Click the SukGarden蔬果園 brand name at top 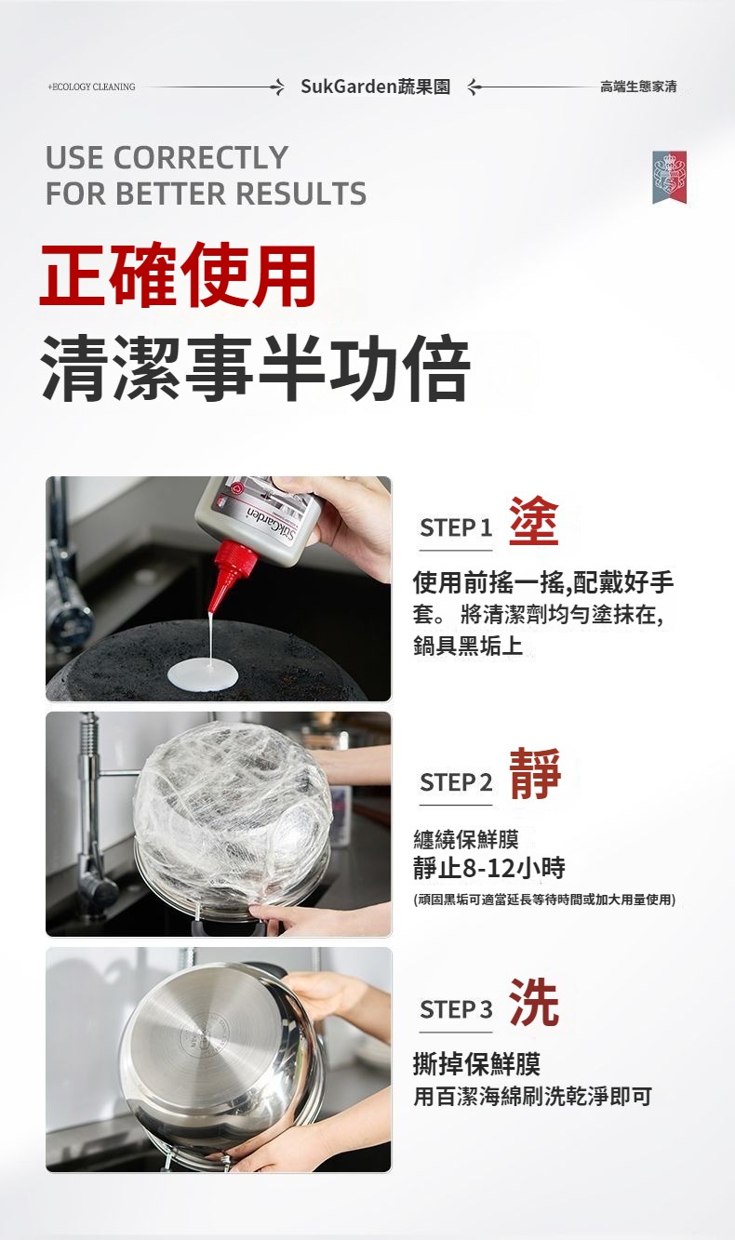(375, 87)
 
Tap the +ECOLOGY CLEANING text (91, 87)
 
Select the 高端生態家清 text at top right (638, 87)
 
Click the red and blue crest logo (669, 177)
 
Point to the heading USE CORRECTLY (167, 157)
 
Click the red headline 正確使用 (179, 275)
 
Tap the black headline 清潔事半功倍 (256, 367)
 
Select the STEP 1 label (456, 528)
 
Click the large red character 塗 (533, 521)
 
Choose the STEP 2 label (456, 782)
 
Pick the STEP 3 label (456, 1009)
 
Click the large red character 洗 (534, 1003)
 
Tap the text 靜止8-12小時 (489, 868)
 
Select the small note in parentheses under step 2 (544, 900)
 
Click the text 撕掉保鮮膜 (476, 1063)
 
